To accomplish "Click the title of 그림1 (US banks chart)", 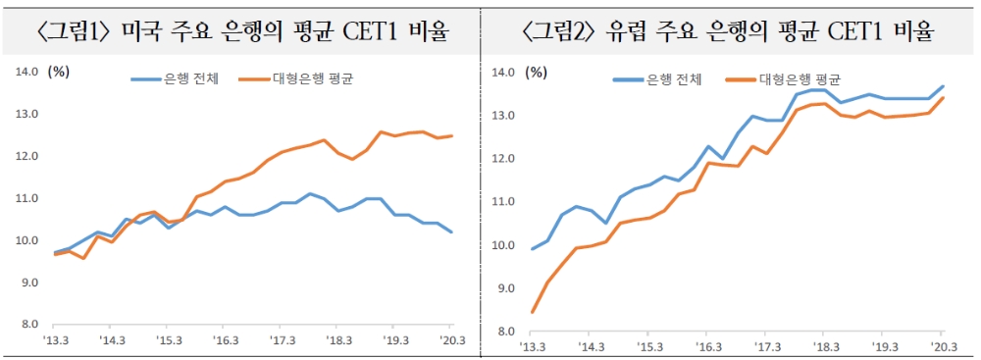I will point(242,31).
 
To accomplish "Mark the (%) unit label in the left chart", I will point(59,71).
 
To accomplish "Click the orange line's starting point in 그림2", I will point(533,312).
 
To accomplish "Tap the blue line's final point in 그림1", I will point(450,232).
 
